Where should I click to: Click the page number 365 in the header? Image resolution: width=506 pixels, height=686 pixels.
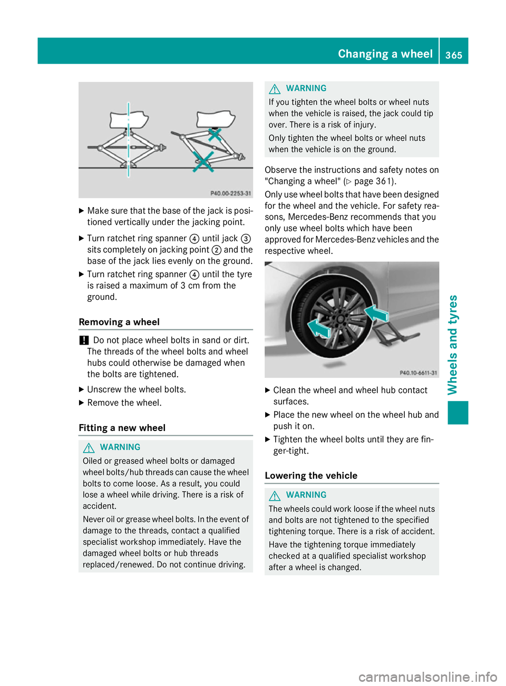[454, 55]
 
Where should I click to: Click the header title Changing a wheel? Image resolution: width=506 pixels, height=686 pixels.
[385, 54]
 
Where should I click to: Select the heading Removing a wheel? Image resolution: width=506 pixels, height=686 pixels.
[119, 322]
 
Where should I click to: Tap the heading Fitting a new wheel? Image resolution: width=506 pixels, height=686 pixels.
[122, 428]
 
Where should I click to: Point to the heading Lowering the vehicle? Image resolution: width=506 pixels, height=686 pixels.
[311, 476]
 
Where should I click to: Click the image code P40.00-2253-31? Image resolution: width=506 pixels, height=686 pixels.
[230, 193]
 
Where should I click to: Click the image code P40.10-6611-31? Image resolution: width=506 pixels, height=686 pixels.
[418, 373]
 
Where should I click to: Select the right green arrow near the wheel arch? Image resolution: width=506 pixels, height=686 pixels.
[377, 314]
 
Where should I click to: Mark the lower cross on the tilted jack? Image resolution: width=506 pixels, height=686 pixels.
[203, 161]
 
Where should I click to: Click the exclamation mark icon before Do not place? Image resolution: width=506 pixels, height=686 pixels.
[83, 340]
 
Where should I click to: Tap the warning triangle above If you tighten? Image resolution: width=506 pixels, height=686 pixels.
[275, 89]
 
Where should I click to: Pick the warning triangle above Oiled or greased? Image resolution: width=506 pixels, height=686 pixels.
[89, 447]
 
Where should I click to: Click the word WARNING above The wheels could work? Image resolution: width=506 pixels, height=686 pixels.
[306, 495]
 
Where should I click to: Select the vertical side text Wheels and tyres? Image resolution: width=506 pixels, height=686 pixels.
[453, 345]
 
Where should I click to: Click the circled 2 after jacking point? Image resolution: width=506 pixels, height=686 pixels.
[216, 250]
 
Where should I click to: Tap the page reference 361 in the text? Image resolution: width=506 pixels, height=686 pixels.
[384, 181]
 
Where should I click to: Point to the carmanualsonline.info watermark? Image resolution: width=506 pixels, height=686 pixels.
[427, 677]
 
